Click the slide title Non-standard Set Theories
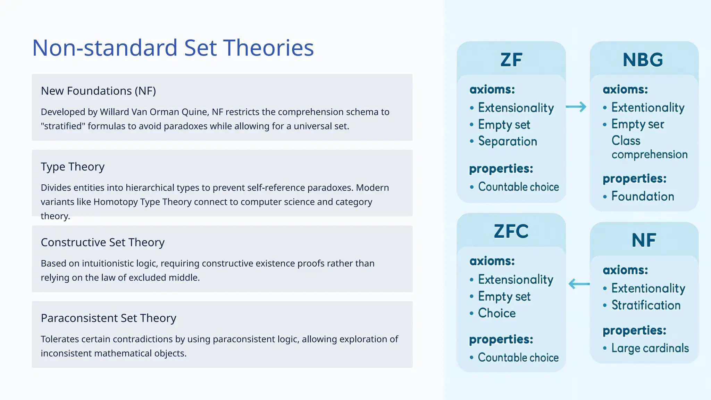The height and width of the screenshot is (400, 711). pyautogui.click(x=173, y=48)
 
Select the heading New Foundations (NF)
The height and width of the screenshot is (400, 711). pyautogui.click(x=98, y=91)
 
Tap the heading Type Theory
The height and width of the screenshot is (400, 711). pyautogui.click(x=73, y=167)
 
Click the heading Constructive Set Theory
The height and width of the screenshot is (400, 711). pyautogui.click(x=102, y=242)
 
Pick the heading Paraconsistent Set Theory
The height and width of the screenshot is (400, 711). pyautogui.click(x=108, y=318)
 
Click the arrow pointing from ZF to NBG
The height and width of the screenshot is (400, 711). pyautogui.click(x=576, y=107)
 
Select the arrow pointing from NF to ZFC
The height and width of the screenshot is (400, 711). pyautogui.click(x=579, y=284)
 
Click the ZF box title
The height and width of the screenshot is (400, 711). pyautogui.click(x=511, y=60)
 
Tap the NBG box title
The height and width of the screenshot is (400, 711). pyautogui.click(x=643, y=60)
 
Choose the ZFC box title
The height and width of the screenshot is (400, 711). pyautogui.click(x=511, y=231)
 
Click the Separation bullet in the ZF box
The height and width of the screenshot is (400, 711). pyautogui.click(x=507, y=141)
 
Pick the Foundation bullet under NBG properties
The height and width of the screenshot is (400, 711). pyautogui.click(x=642, y=197)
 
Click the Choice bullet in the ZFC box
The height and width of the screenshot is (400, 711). pyautogui.click(x=496, y=313)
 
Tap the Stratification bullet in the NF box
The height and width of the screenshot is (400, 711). pyautogui.click(x=646, y=305)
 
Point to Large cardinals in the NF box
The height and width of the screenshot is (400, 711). pyautogui.click(x=650, y=348)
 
